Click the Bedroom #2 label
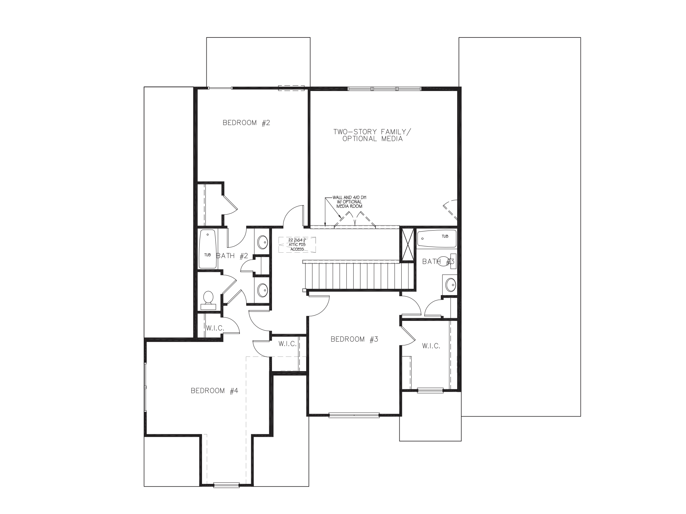(x=246, y=123)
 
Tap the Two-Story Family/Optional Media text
(x=372, y=135)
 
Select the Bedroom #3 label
(x=354, y=339)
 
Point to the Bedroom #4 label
(x=214, y=391)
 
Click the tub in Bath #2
(x=208, y=249)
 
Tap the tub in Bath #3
(x=437, y=239)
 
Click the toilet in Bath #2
(x=208, y=299)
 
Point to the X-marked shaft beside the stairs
(x=408, y=244)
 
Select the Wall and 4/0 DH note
(x=349, y=202)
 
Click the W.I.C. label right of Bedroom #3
(x=431, y=346)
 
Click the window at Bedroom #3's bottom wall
(x=354, y=415)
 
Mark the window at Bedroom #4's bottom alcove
(x=226, y=485)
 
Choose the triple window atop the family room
(x=384, y=89)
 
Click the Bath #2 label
(x=232, y=256)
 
